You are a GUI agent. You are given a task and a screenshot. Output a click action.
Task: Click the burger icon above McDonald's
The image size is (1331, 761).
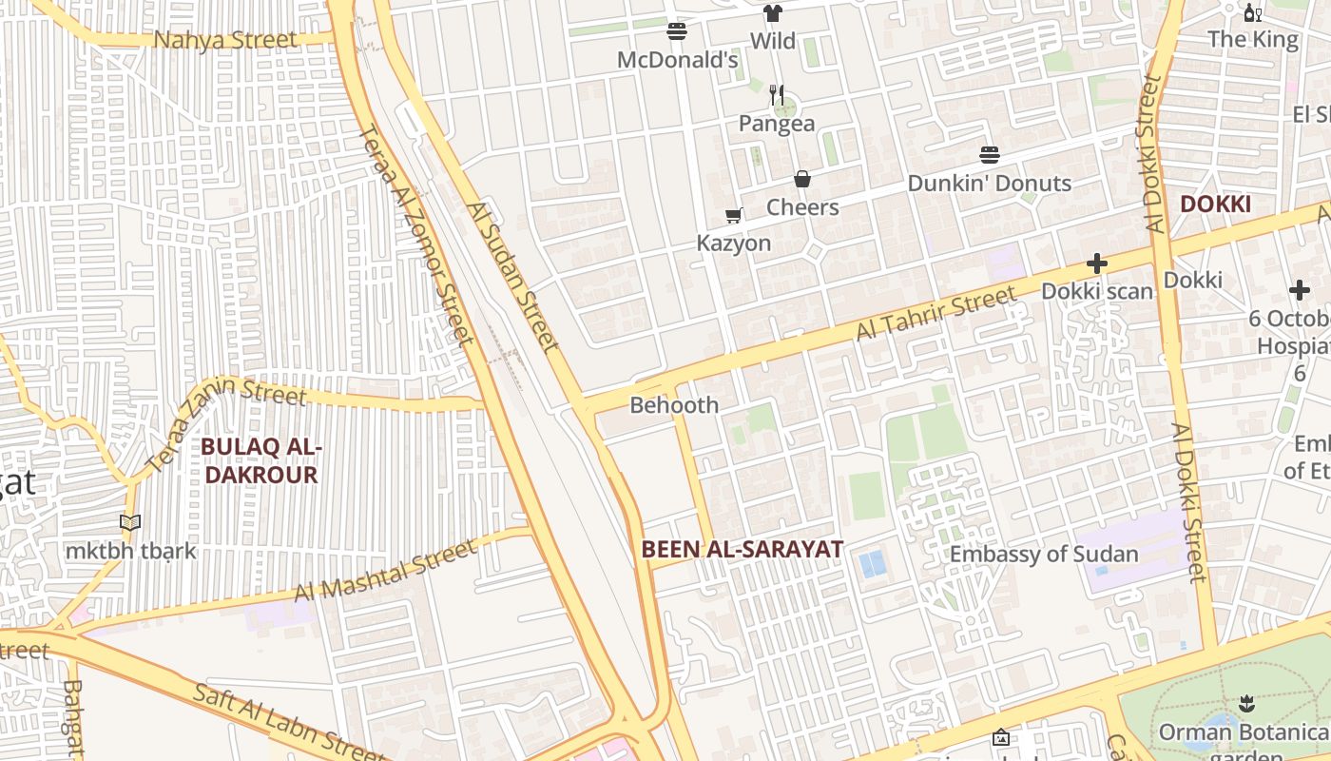pos(677,31)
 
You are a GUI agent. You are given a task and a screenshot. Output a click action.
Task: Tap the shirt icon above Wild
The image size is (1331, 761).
pos(773,13)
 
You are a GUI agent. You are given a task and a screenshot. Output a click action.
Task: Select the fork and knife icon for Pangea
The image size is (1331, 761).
pos(777,95)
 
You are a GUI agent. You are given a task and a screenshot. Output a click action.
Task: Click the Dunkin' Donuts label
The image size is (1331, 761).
pos(989,184)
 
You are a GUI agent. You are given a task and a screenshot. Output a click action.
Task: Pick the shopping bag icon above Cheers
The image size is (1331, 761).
pos(802,179)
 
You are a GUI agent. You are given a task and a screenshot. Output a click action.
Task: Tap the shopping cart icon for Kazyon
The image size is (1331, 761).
pos(733,216)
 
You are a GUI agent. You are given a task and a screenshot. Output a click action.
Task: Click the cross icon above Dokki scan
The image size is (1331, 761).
pos(1096,263)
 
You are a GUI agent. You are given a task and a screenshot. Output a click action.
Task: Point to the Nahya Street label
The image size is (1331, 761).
pos(225,40)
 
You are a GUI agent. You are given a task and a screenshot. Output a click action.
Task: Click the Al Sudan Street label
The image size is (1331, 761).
pos(512,276)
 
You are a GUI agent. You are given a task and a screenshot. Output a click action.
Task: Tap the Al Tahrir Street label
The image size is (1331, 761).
pos(936,315)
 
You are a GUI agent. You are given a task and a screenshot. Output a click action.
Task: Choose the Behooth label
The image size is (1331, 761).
pos(674,405)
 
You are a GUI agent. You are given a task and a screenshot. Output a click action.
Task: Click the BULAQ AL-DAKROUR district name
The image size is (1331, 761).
pos(261,461)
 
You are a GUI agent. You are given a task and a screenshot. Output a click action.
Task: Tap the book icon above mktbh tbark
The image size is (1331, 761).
pos(130,522)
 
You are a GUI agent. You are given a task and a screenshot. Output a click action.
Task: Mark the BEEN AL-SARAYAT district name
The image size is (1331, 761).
pos(742,549)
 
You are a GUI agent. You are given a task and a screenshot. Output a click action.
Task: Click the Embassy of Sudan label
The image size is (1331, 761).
pos(1044,555)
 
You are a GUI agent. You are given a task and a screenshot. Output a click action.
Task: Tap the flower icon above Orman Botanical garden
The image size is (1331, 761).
pos(1246,704)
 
